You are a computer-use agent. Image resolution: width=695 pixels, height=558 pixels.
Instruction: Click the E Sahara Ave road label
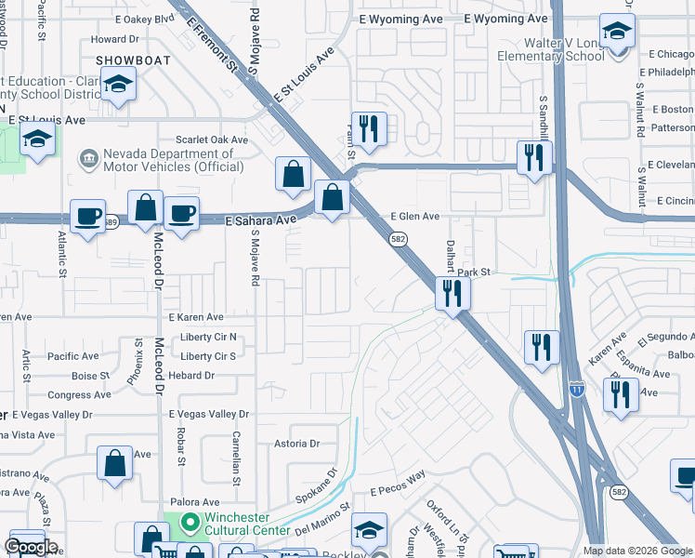[x=261, y=220]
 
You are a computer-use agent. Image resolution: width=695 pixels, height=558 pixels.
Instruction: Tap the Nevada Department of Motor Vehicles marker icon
[x=90, y=159]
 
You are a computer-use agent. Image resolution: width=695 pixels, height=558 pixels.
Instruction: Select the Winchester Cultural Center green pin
[x=190, y=523]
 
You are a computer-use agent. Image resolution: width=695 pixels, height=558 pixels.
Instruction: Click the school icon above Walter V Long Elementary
[x=617, y=32]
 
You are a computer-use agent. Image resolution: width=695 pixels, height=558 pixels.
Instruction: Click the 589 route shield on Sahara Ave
[x=111, y=221]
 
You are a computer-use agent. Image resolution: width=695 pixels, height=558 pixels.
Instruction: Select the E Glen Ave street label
[x=414, y=216]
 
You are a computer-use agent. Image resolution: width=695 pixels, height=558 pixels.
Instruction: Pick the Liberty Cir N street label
[x=209, y=337]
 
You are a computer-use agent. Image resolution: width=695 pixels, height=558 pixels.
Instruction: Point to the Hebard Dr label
[x=190, y=376]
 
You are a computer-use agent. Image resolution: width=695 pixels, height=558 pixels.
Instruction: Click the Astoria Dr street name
[x=295, y=444]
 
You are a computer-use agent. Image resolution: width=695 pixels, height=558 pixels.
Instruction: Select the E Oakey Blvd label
[x=145, y=18]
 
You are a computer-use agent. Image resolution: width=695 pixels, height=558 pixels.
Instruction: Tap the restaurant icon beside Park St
[x=452, y=294]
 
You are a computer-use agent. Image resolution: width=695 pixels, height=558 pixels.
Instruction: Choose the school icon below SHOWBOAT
[x=118, y=85]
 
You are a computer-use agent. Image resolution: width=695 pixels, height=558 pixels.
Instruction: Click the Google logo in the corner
[x=31, y=547]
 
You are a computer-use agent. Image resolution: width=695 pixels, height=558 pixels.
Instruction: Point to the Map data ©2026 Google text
[x=636, y=551]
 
